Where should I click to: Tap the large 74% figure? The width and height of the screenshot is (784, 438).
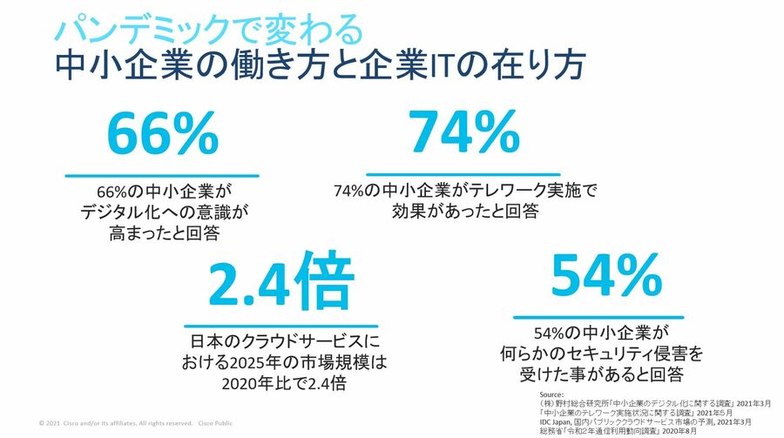tap(463, 133)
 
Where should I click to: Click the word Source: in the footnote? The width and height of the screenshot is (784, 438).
tap(552, 394)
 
